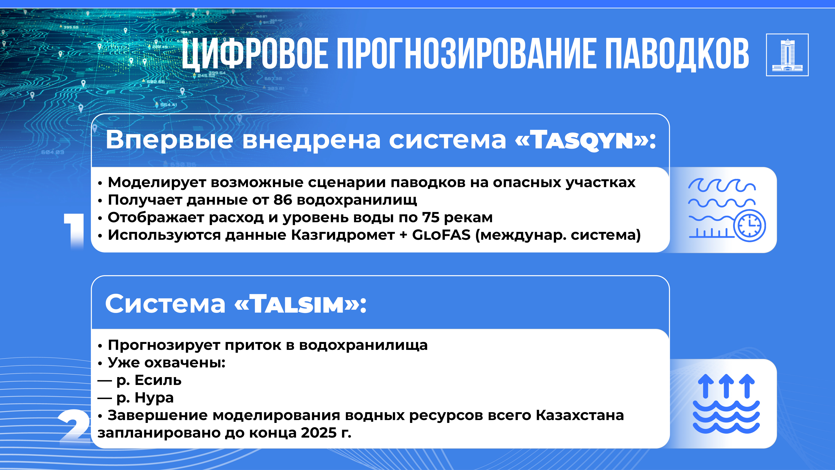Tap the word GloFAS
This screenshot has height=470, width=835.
tap(441, 235)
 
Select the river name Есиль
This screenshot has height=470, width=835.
tap(158, 380)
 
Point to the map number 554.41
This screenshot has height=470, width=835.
tap(169, 105)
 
